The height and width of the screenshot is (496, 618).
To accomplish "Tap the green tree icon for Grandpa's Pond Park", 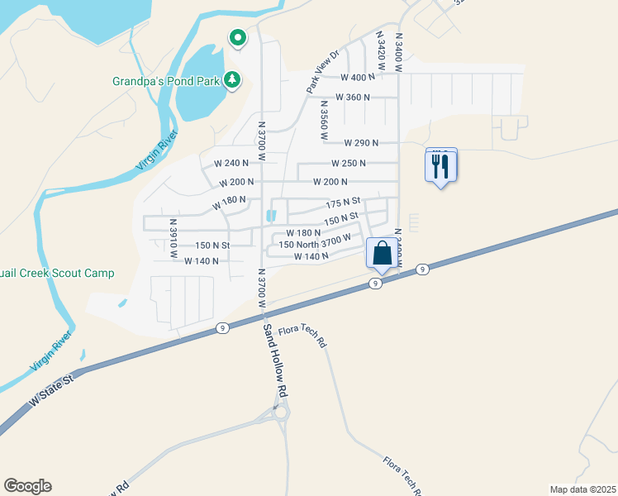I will coord(234,79).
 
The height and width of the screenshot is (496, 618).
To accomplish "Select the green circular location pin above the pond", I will coord(237,38).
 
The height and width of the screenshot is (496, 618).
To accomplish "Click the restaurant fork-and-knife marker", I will coord(440,167).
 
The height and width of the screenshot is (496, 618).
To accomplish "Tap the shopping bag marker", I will coord(382,253).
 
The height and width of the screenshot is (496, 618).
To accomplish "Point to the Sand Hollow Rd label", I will coord(275,358).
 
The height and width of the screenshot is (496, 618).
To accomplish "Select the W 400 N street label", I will coord(358,77).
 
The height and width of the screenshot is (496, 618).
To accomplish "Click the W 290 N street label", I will coord(360,143).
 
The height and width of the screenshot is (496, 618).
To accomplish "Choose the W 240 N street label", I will coord(231,163).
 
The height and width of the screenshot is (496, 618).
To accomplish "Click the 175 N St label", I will coord(344,203).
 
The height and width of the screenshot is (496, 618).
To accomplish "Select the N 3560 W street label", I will coord(323,119).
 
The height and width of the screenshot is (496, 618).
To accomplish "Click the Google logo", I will coord(27,486).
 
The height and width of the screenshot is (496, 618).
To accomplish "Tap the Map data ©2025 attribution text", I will coord(582,489).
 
